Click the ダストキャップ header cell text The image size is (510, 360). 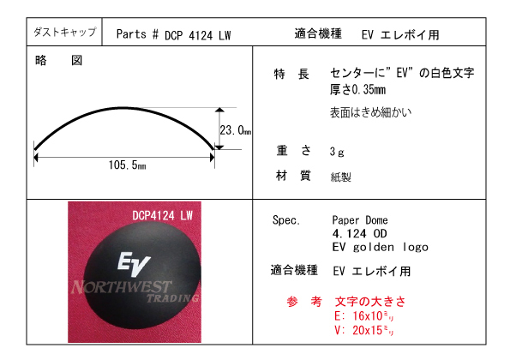65,32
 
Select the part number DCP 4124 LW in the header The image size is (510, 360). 197,35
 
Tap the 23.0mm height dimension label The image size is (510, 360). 235,130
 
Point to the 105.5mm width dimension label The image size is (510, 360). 127,165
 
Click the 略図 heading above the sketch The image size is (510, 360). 58,61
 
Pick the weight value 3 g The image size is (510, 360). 337,152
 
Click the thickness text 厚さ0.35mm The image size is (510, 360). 357,89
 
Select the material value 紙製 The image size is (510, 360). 340,177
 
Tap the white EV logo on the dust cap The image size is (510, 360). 134,263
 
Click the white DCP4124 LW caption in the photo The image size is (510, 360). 162,215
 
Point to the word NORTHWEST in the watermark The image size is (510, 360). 121,287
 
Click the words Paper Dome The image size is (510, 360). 360,220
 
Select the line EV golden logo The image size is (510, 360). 381,247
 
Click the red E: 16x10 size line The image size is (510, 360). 364,315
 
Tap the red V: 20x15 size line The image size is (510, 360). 364,330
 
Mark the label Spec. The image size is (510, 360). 286,220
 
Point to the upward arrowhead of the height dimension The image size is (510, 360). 220,110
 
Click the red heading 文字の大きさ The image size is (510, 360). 370,302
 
